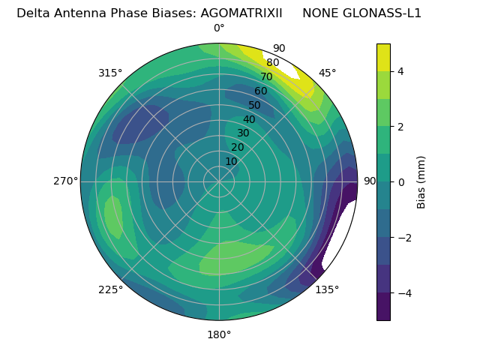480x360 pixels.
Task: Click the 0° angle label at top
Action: click(219, 28)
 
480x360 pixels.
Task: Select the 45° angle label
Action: click(327, 73)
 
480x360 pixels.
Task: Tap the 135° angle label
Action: click(327, 289)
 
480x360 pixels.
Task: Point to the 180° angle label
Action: click(219, 334)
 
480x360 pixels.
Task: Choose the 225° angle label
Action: click(110, 289)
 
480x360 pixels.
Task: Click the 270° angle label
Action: click(66, 181)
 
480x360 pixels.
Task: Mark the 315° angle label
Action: click(110, 73)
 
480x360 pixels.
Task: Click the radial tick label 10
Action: click(231, 161)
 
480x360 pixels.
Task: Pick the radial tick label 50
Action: click(255, 105)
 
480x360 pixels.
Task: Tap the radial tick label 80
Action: click(272, 63)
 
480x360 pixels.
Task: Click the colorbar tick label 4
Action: click(401, 71)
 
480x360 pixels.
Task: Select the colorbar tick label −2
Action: click(404, 238)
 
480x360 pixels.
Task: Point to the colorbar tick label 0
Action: click(401, 182)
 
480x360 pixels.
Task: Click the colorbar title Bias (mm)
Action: click(421, 182)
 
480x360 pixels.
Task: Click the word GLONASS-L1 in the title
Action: click(361, 13)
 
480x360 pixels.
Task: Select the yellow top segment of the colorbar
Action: click(383, 57)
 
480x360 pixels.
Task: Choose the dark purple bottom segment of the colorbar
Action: click(383, 307)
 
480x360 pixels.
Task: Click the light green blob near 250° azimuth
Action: click(113, 217)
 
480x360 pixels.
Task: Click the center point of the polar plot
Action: click(219, 181)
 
